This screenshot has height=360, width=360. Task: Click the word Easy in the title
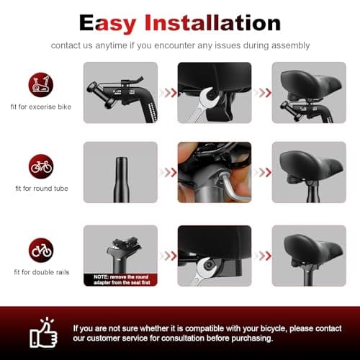[x=107, y=23]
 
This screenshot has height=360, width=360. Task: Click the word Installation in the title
[x=212, y=22]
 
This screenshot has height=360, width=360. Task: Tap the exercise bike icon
[x=41, y=85]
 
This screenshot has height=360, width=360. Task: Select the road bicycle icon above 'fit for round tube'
[x=41, y=166]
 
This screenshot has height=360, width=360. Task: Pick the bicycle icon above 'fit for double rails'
[x=41, y=250]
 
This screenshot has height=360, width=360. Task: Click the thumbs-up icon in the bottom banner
[x=43, y=332]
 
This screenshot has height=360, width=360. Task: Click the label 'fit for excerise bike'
[x=41, y=107]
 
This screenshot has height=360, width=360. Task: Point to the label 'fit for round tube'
[x=42, y=189]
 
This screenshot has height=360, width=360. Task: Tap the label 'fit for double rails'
[x=42, y=272]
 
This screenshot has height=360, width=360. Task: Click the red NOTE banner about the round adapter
[x=120, y=280]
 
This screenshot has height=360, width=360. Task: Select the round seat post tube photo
[x=122, y=179]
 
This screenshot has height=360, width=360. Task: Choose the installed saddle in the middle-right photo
[x=311, y=166]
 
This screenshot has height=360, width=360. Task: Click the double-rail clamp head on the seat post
[x=125, y=246]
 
